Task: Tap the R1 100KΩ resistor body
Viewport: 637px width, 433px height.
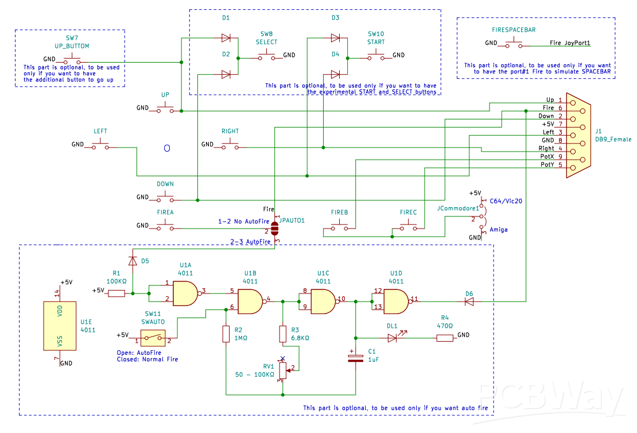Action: (116, 293)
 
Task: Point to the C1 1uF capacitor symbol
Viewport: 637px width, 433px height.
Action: (355, 357)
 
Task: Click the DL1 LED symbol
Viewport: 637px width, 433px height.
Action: (393, 337)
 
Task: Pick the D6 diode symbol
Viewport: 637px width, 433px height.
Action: (469, 301)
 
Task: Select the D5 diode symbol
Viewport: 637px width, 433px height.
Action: (133, 261)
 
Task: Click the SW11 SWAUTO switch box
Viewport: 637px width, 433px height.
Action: (153, 338)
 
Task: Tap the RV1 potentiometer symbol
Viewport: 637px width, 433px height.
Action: (283, 370)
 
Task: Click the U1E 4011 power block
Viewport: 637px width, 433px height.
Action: (60, 326)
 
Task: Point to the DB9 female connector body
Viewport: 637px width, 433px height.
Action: (578, 135)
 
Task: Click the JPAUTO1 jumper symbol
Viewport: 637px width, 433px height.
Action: (275, 229)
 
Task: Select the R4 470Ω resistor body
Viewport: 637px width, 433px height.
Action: (445, 338)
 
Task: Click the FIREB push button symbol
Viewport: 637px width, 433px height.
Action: (340, 225)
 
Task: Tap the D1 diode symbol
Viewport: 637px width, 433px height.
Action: (226, 38)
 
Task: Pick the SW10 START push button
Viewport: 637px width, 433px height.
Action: (376, 55)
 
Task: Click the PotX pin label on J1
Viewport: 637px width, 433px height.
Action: (547, 157)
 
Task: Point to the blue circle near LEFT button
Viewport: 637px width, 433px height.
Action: (167, 148)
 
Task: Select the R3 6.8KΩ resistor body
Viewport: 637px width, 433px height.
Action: (283, 334)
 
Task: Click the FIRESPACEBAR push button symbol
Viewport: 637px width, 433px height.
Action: (514, 42)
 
